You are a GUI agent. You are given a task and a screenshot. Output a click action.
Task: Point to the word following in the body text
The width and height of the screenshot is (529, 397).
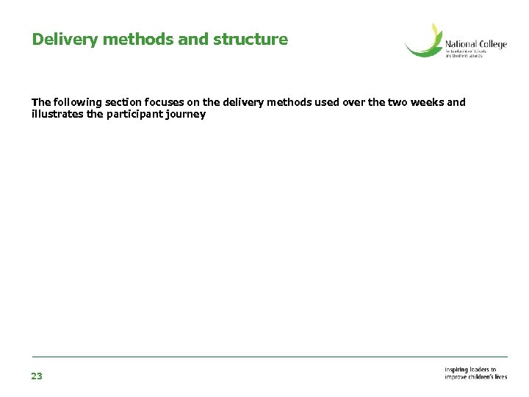pyautogui.click(x=76, y=102)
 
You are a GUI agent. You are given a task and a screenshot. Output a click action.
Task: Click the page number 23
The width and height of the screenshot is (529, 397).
pyautogui.click(x=37, y=376)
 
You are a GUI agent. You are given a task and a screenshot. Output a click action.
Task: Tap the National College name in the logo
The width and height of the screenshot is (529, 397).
pyautogui.click(x=475, y=45)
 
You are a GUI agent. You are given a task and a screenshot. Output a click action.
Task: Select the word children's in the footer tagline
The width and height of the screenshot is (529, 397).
pyautogui.click(x=480, y=377)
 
